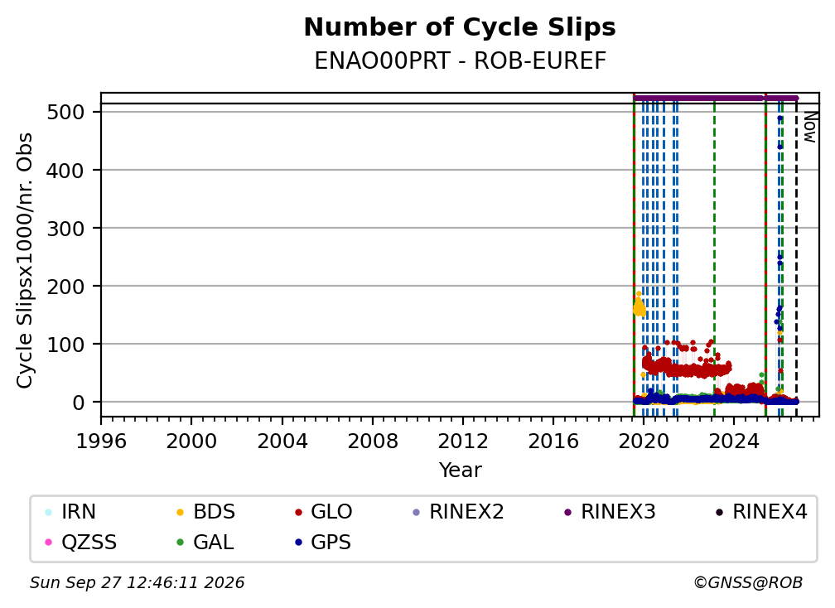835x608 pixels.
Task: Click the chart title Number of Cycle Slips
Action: tap(460, 27)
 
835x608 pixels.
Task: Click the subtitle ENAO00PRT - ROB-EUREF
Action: tap(460, 61)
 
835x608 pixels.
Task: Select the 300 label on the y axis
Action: tap(66, 229)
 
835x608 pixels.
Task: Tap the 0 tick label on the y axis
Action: tap(79, 403)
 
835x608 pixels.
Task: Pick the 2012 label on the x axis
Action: tap(463, 442)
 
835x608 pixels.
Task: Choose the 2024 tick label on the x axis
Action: tap(733, 442)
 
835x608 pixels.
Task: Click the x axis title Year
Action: tap(460, 470)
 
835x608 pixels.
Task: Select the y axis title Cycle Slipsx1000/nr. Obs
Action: tap(25, 260)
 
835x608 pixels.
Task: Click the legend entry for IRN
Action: tap(71, 512)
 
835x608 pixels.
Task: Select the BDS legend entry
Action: tap(206, 512)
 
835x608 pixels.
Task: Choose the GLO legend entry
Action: tap(324, 512)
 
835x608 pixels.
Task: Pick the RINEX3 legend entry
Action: tap(610, 512)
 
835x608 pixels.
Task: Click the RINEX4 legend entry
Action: tap(761, 512)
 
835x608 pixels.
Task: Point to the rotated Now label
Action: tap(809, 127)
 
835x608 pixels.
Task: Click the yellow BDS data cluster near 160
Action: tap(639, 306)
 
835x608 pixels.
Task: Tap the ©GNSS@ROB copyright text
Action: tap(748, 583)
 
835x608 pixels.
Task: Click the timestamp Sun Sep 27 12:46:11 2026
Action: tap(137, 583)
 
